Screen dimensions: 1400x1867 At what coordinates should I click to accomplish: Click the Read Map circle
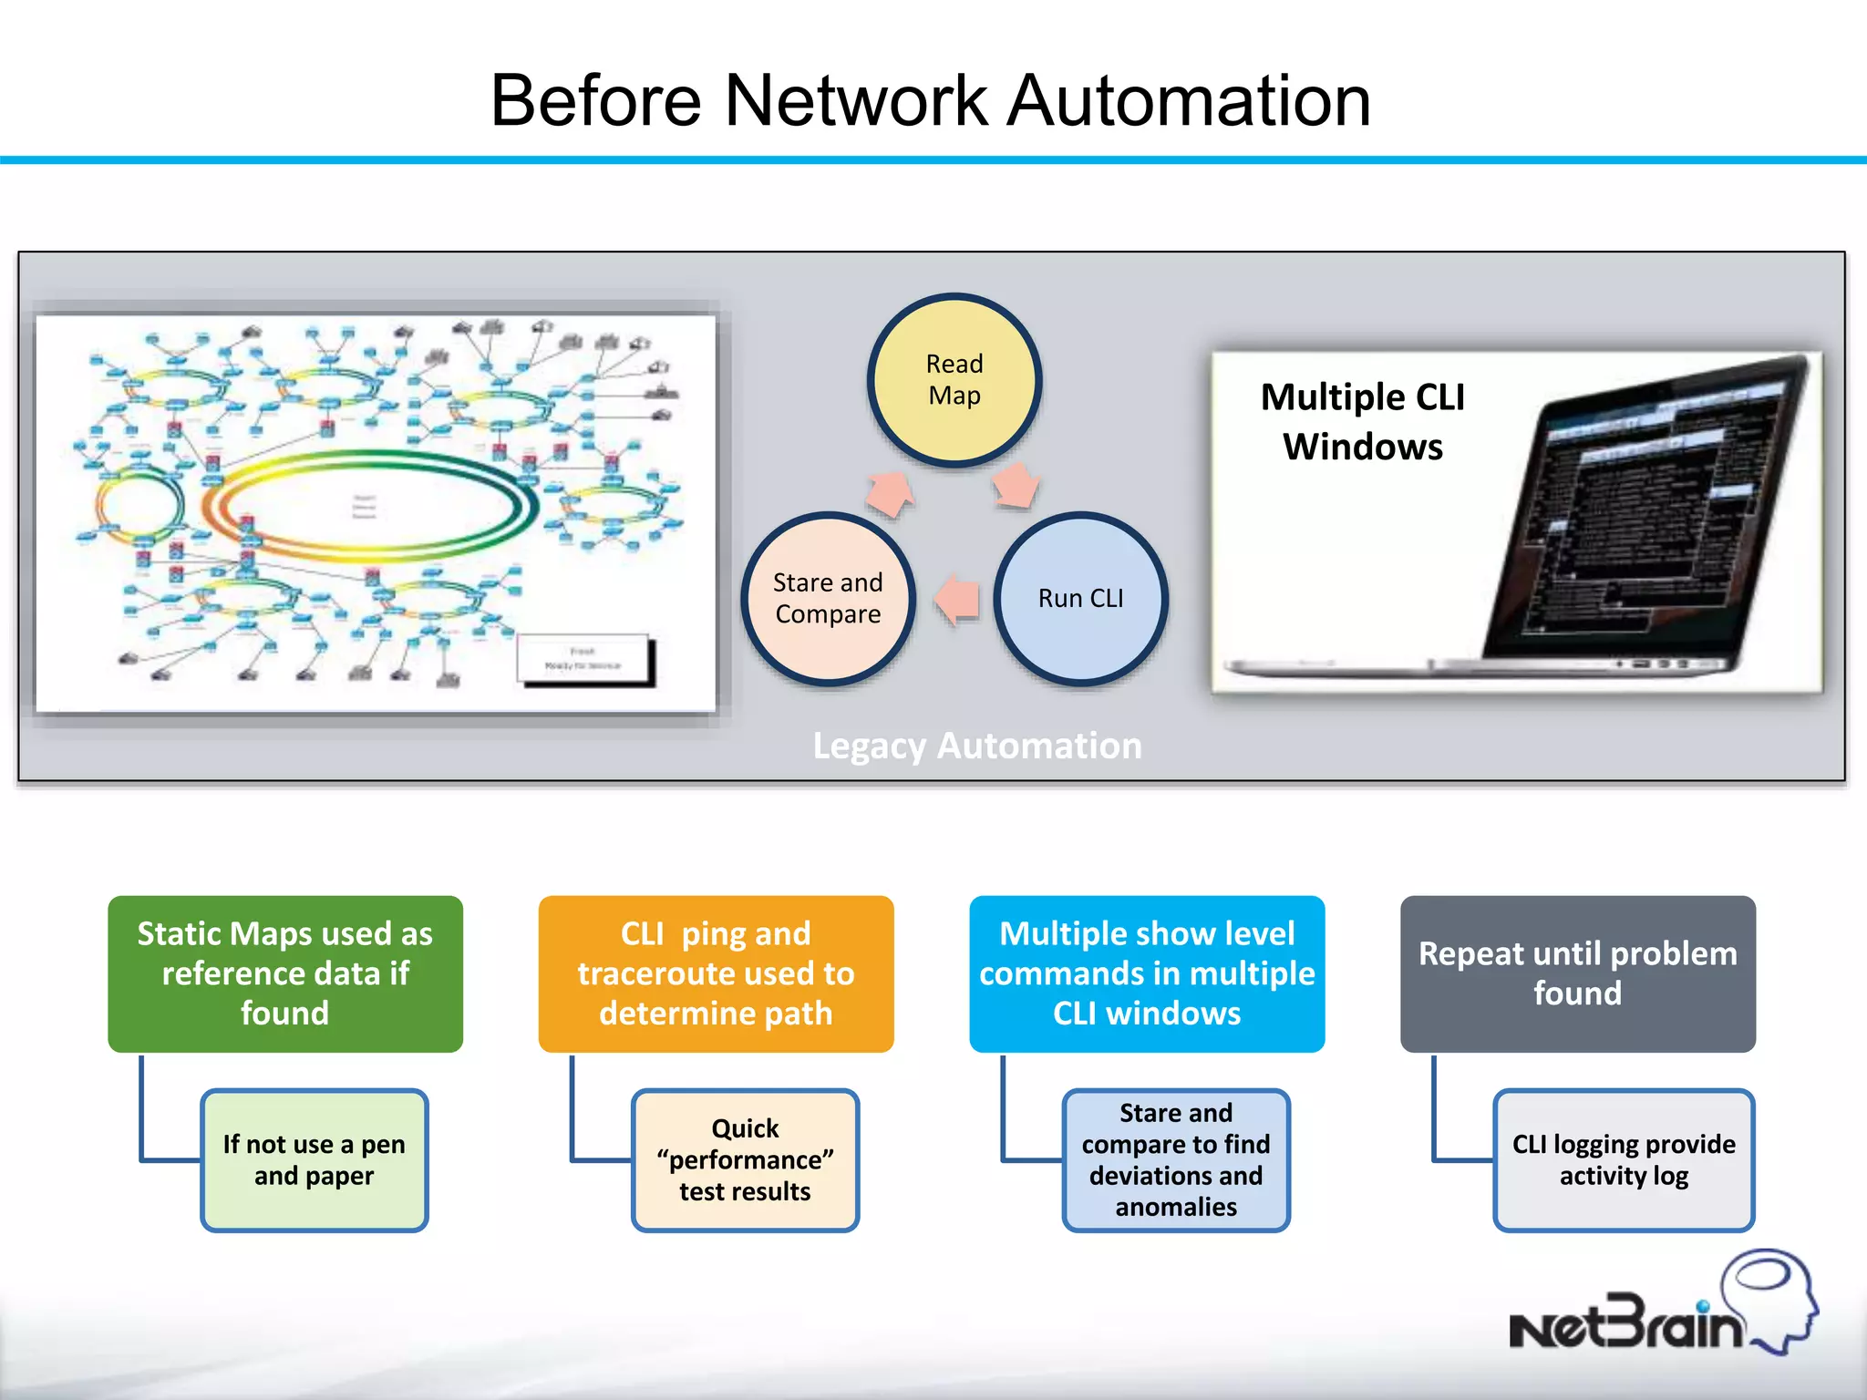(954, 380)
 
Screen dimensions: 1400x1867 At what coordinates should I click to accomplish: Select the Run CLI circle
(1080, 598)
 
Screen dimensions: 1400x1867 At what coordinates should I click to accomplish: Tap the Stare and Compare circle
(828, 598)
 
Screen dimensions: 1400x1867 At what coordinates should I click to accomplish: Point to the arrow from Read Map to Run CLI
(1015, 484)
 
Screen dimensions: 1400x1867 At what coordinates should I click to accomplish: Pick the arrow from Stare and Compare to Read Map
(890, 492)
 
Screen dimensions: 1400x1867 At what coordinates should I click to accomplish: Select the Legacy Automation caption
(976, 746)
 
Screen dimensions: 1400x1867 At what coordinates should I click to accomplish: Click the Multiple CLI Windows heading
(1362, 421)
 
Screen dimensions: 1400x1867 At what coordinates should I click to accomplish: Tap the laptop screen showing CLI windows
(1641, 510)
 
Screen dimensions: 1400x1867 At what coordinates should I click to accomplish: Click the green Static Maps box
(285, 973)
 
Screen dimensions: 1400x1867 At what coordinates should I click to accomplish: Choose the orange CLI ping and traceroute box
(716, 973)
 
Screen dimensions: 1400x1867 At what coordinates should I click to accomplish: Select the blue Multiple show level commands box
(1147, 973)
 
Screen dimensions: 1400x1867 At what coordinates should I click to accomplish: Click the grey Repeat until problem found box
(1577, 973)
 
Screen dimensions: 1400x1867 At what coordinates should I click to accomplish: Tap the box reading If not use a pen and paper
(314, 1159)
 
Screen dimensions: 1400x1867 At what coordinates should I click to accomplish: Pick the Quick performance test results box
(745, 1159)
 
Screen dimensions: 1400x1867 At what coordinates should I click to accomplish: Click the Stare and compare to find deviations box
(1176, 1159)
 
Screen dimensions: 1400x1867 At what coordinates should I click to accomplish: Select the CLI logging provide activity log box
(1624, 1159)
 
